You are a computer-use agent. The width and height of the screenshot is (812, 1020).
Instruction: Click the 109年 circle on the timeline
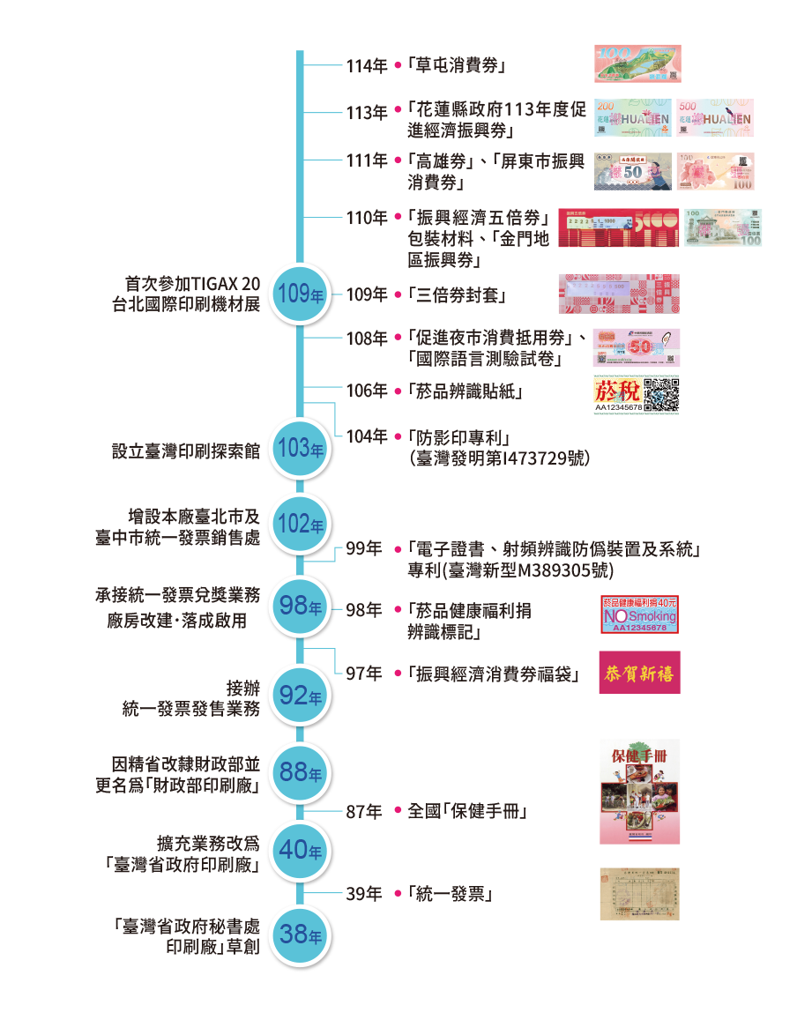click(x=300, y=294)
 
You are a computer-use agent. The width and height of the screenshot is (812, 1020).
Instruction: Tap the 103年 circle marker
click(x=300, y=448)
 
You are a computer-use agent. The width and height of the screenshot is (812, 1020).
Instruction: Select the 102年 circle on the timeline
click(x=300, y=524)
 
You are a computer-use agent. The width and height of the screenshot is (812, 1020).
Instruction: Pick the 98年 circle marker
click(x=300, y=606)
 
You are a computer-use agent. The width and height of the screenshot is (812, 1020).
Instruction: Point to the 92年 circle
click(x=300, y=696)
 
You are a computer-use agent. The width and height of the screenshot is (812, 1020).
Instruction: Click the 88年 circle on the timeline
click(x=300, y=772)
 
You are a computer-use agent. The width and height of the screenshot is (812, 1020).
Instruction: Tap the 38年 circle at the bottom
click(x=300, y=934)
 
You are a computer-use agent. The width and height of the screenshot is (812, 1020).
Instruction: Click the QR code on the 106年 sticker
click(x=661, y=394)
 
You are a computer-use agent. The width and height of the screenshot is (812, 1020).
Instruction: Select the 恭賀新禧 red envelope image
click(x=640, y=674)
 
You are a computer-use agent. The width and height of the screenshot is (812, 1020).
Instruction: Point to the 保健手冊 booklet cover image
click(x=640, y=792)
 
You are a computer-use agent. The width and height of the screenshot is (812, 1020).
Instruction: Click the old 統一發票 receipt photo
click(x=640, y=894)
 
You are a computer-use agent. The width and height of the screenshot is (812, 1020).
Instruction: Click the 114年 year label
click(x=366, y=66)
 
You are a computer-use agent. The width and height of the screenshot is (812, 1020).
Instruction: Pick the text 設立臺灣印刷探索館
click(x=185, y=450)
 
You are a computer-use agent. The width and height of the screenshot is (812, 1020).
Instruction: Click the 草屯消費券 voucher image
click(x=637, y=64)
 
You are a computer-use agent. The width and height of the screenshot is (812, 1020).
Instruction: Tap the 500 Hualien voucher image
click(x=715, y=118)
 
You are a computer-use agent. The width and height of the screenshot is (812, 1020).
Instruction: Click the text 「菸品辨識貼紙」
click(x=465, y=391)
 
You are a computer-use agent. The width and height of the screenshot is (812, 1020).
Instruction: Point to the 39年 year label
click(x=363, y=895)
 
